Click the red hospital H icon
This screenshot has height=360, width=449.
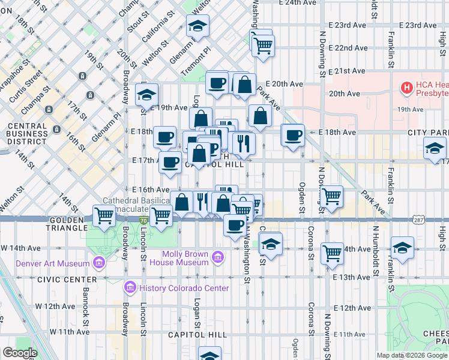407,88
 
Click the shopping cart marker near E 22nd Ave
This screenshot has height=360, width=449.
263,45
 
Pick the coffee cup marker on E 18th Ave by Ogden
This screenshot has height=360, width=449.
293,135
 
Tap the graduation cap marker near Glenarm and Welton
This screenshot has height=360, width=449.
197,26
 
